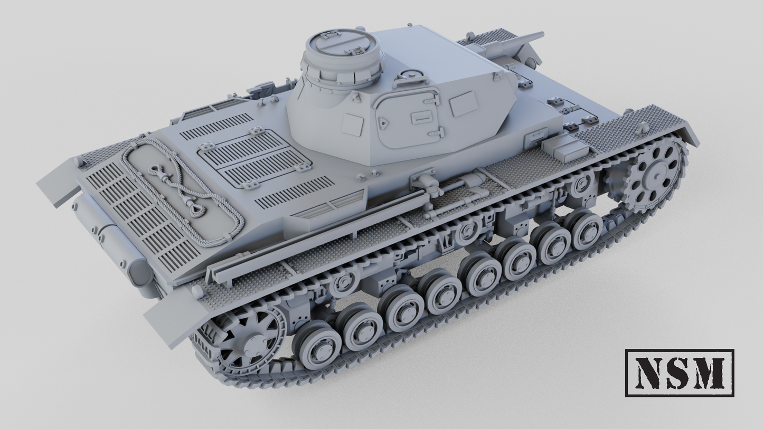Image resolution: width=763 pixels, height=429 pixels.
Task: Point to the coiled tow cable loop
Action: tap(182, 190)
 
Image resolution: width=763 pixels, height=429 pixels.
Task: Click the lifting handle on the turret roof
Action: tap(410, 80)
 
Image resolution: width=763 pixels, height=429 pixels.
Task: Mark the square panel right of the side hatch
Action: tap(464, 103)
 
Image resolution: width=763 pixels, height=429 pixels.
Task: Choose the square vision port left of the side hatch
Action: tap(352, 125)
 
